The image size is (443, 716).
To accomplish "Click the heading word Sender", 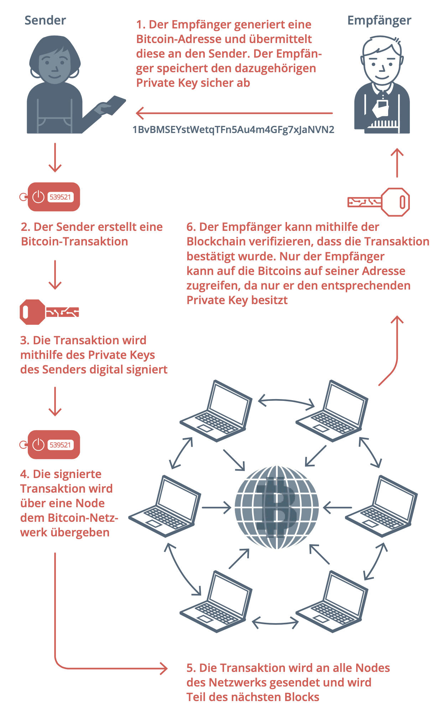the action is [45, 20].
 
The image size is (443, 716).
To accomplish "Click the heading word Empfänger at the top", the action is [379, 20].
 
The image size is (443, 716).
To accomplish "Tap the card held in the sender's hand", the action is [114, 105].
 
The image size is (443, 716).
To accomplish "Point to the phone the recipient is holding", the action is [382, 105].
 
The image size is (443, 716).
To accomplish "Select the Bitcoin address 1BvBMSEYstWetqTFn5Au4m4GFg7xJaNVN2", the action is [233, 129].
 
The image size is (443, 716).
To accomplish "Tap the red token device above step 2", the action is [53, 197].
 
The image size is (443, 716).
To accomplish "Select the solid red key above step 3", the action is [49, 312].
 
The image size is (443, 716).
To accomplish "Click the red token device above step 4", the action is [53, 445].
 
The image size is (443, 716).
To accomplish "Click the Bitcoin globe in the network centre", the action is [276, 507].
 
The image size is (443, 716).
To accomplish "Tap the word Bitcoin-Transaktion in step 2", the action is [74, 242].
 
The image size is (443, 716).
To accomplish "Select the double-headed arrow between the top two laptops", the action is [286, 401].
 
